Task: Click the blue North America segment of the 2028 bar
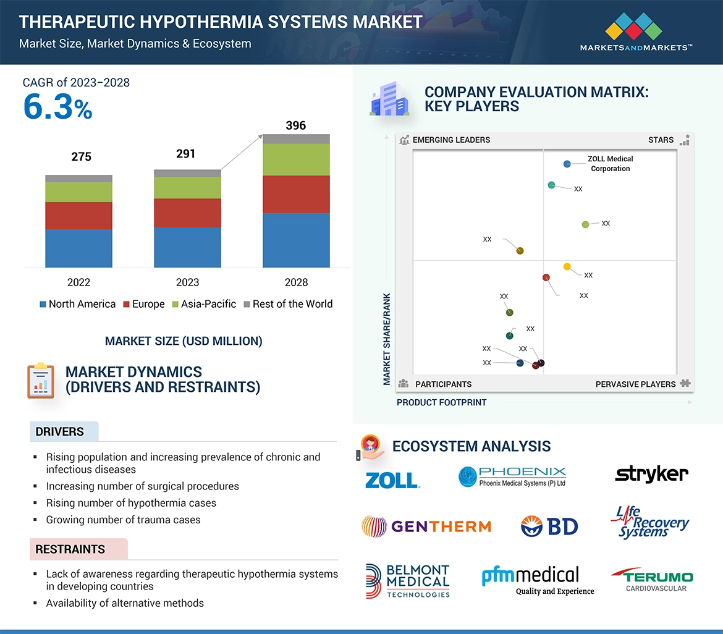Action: click(296, 240)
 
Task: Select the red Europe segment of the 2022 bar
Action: click(78, 216)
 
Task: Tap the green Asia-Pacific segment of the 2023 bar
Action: click(187, 188)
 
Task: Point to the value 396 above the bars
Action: click(296, 125)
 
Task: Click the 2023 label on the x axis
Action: click(187, 282)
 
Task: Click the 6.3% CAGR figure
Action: click(57, 108)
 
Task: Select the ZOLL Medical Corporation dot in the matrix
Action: click(567, 164)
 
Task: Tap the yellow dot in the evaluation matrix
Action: click(567, 266)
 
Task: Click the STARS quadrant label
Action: click(661, 140)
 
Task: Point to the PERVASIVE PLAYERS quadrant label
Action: click(635, 384)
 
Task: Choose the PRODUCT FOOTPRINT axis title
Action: click(441, 402)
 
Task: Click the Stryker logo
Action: click(651, 474)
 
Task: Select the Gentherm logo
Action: click(426, 526)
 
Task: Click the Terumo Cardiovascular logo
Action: click(652, 580)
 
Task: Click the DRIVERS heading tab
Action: click(60, 432)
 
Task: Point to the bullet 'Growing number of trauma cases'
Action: click(123, 520)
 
